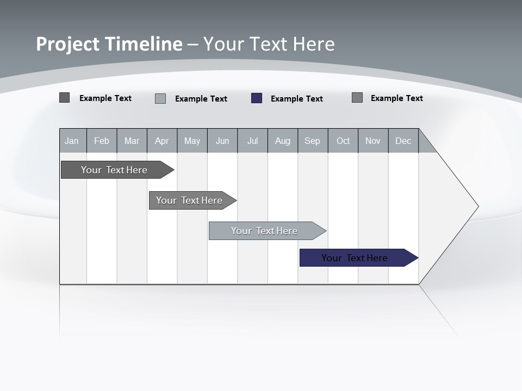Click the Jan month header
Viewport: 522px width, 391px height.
click(x=72, y=141)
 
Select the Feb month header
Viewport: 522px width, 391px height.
click(x=102, y=141)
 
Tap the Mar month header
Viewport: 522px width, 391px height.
click(x=132, y=141)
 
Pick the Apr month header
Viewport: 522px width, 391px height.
click(x=162, y=141)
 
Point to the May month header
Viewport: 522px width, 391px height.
click(x=192, y=141)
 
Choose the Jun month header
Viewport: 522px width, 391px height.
click(x=222, y=141)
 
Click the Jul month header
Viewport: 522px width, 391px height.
click(x=252, y=141)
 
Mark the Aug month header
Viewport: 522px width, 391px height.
click(x=283, y=141)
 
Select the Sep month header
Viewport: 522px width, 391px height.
click(x=313, y=141)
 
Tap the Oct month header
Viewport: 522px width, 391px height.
click(x=343, y=141)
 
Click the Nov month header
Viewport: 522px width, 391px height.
click(x=373, y=141)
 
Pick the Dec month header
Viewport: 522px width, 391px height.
click(x=403, y=141)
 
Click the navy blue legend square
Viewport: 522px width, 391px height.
click(x=257, y=98)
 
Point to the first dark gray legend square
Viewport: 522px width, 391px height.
click(x=64, y=98)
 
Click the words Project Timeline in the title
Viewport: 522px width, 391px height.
click(x=109, y=44)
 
